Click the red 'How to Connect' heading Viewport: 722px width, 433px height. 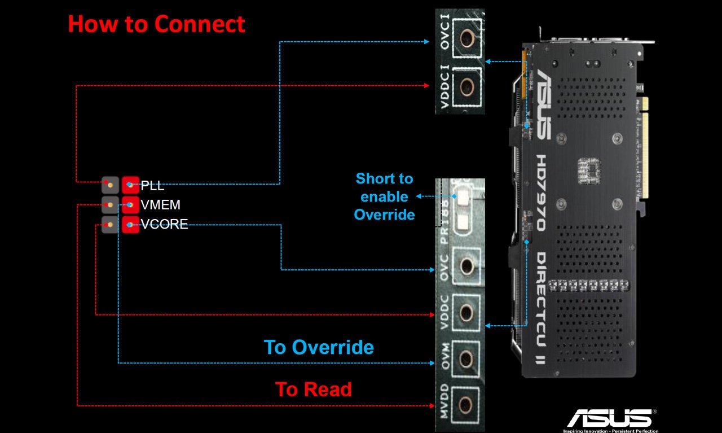pos(156,24)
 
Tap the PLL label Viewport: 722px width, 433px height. pos(152,186)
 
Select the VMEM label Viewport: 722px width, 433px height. pos(161,205)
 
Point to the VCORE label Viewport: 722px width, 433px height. pos(164,224)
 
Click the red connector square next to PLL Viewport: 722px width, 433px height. pos(130,185)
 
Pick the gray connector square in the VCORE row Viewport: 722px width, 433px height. pos(110,225)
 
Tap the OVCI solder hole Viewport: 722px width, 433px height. pos(467,38)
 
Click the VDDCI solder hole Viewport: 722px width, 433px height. pos(466,87)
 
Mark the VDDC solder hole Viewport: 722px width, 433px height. pos(466,312)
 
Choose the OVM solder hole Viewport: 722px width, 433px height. pos(466,358)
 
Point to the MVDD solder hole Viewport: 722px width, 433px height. pos(466,404)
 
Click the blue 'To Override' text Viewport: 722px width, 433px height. pos(319,347)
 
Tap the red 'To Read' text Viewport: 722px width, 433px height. pos(314,390)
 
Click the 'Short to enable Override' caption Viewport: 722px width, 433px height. pos(384,196)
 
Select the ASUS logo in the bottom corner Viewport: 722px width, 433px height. pos(612,419)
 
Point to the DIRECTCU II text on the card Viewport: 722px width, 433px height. pos(540,308)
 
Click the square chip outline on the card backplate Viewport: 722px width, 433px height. pos(589,170)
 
